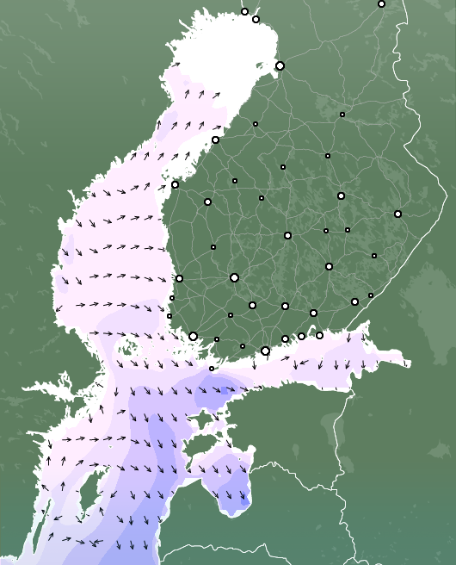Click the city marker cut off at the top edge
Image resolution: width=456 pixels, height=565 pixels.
click(381, 3)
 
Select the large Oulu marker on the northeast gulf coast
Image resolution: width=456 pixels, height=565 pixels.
click(280, 65)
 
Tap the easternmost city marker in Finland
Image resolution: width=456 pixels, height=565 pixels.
click(397, 214)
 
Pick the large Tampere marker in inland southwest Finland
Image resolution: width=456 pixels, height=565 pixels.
click(234, 277)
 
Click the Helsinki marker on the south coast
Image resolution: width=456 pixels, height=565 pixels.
click(265, 351)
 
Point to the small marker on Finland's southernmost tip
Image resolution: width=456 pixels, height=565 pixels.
click(212, 369)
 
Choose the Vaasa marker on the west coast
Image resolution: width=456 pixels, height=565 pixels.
click(175, 184)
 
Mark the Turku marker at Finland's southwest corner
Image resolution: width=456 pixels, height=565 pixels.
click(193, 336)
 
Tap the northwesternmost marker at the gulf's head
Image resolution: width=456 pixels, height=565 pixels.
click(244, 11)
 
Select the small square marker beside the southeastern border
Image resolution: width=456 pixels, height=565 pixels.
click(371, 295)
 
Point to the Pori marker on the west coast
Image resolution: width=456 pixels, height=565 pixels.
click(179, 278)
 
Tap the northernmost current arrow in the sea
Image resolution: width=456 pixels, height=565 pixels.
click(176, 64)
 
